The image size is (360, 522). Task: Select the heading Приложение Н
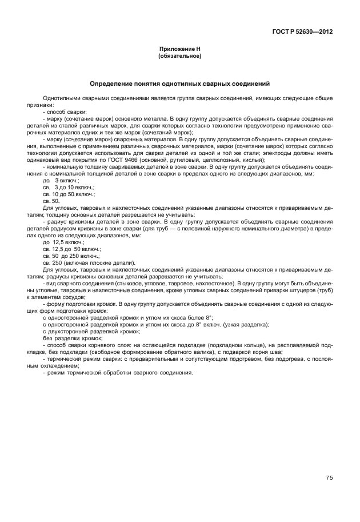point(179,50)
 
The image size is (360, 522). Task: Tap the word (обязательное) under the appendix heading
point(179,57)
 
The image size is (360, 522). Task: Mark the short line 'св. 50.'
point(51,201)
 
